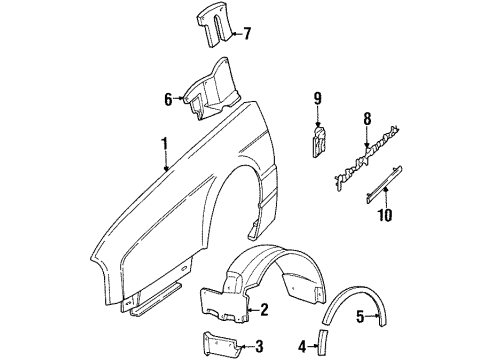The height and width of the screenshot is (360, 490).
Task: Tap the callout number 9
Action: coord(318,98)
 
